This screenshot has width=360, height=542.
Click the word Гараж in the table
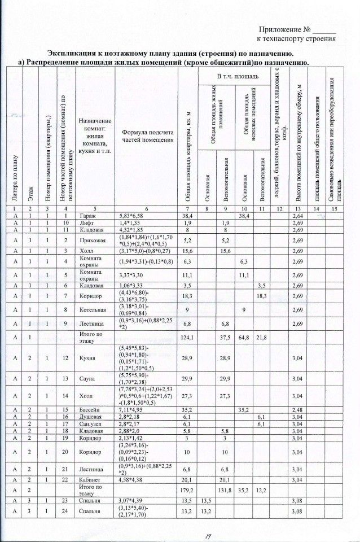(87, 216)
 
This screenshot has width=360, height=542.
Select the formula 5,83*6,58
(130, 216)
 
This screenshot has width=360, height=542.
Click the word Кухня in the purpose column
(87, 357)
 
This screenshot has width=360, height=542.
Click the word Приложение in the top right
(281, 29)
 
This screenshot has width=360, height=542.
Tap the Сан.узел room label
(90, 423)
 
